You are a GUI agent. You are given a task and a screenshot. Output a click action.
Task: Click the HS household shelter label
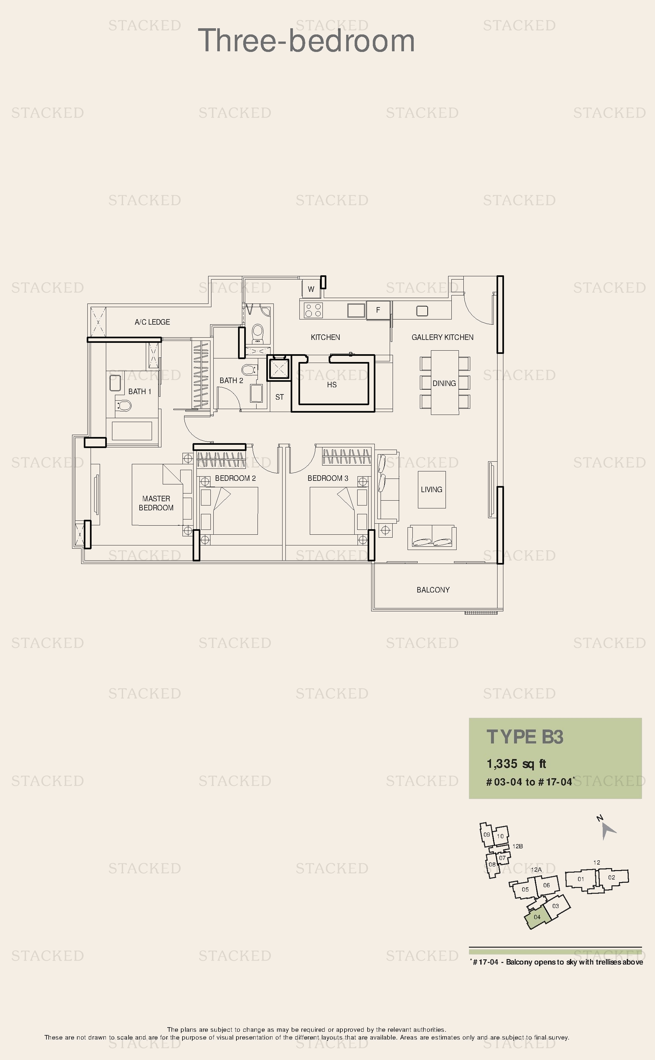click(332, 384)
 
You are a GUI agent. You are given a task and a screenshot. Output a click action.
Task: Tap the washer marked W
click(311, 289)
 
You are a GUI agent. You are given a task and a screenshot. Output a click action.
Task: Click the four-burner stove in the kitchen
click(313, 310)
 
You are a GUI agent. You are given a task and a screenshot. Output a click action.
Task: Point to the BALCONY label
click(433, 590)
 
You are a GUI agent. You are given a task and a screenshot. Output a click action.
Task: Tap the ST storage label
click(279, 397)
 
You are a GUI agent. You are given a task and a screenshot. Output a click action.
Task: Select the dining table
click(445, 383)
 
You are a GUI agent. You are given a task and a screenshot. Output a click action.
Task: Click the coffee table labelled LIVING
click(432, 489)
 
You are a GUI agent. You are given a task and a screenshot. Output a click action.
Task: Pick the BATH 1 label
click(140, 392)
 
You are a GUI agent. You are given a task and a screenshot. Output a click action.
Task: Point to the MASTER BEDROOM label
click(156, 503)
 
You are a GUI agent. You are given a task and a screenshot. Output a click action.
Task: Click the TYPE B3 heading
click(525, 737)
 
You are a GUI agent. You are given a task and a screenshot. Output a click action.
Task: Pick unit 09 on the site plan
click(487, 834)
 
